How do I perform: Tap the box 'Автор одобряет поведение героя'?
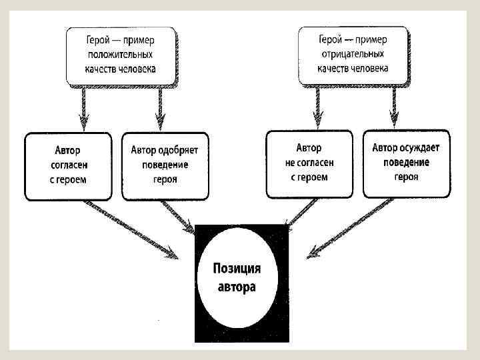[x=165, y=165]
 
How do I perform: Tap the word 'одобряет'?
[x=183, y=150]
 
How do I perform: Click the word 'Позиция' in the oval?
[x=237, y=269]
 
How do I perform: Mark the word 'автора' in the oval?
[x=237, y=288]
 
